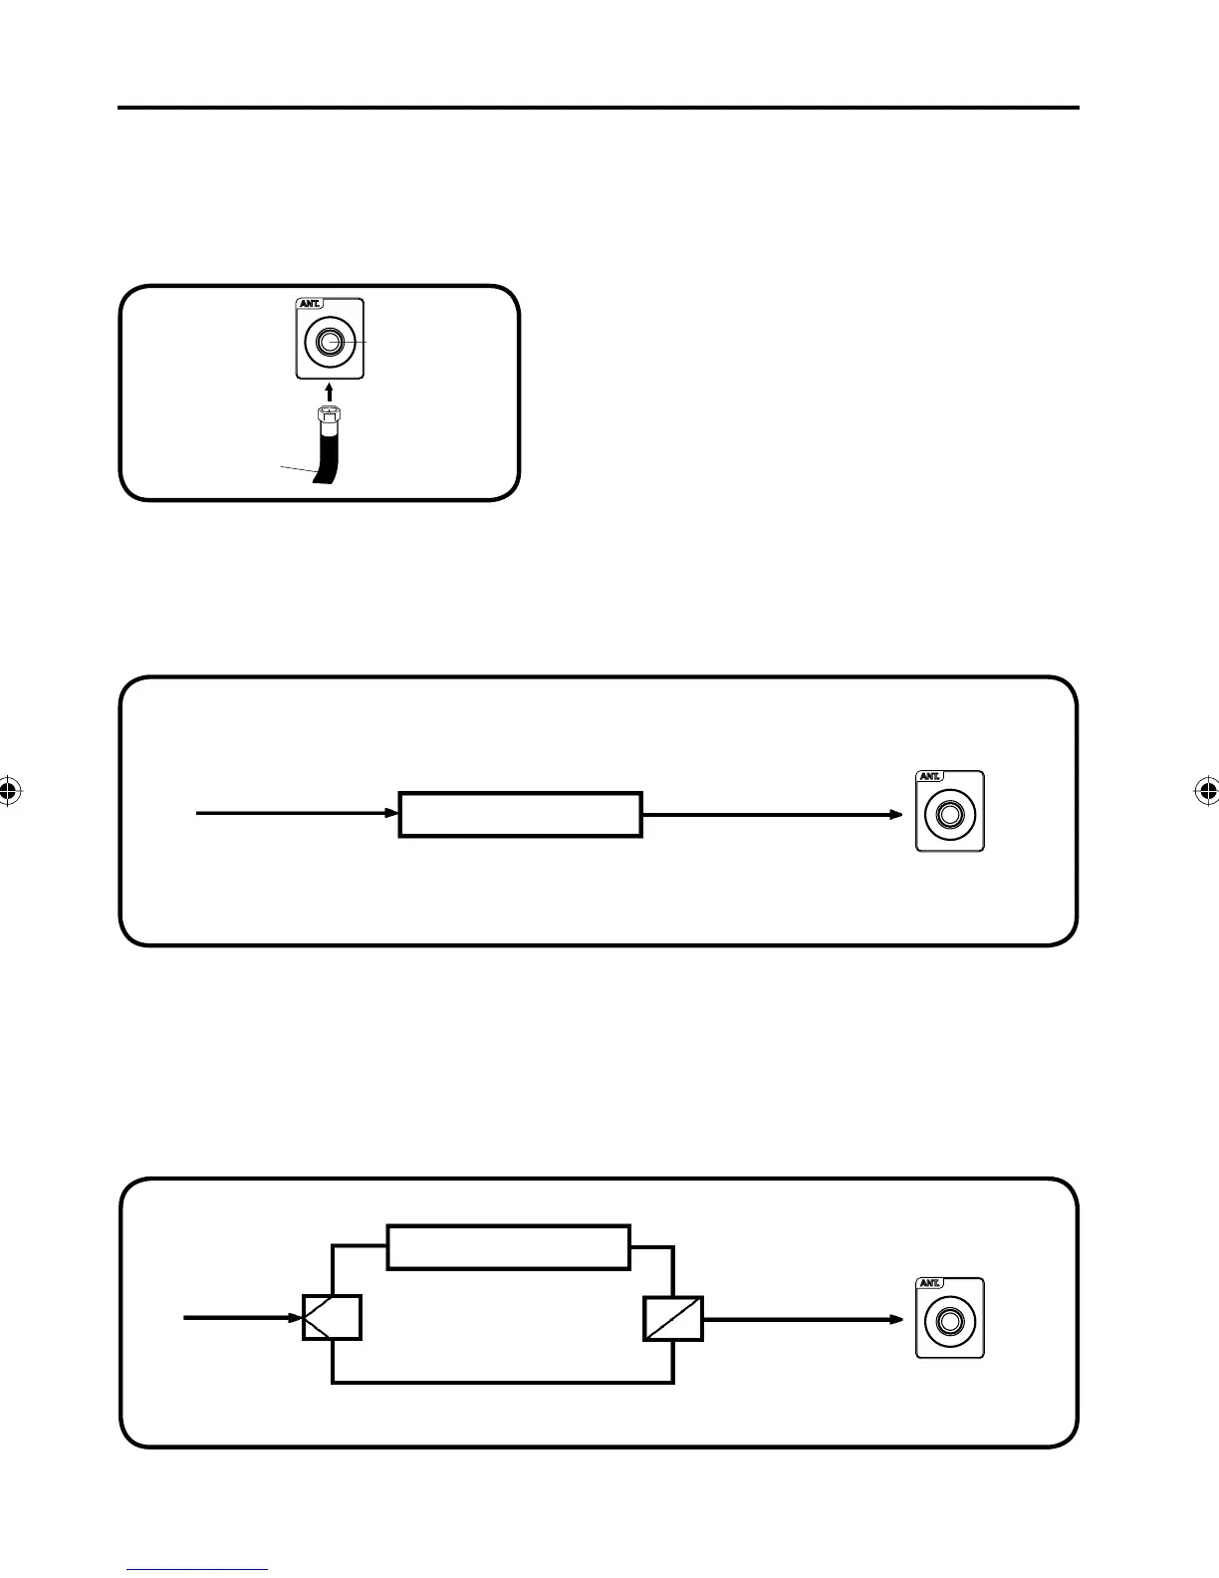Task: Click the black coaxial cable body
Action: (327, 453)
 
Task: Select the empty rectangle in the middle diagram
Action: (520, 814)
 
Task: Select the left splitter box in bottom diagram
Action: (332, 1318)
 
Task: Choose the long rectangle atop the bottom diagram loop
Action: (508, 1247)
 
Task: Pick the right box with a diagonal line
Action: (673, 1318)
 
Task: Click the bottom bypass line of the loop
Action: (503, 1382)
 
